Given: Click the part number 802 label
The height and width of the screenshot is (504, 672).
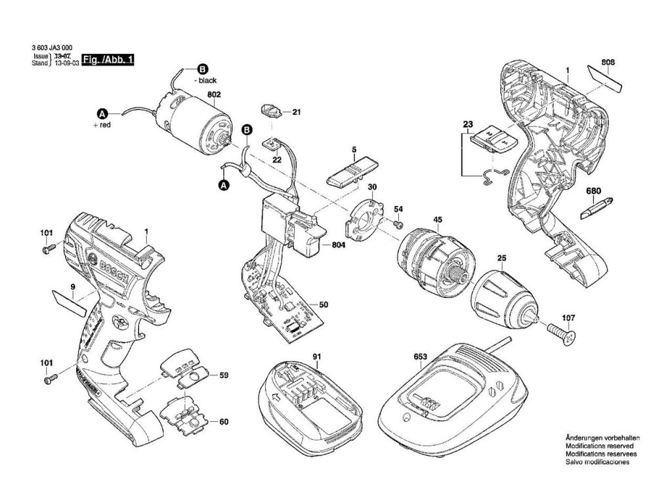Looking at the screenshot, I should coord(213,94).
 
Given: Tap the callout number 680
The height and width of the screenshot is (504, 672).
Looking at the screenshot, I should coord(593,191).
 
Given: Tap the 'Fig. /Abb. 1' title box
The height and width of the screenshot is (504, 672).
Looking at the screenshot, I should coord(108,60).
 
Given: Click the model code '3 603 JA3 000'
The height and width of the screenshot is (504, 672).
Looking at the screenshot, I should coord(52,49).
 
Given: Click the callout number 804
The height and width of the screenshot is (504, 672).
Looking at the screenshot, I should coord(339,245).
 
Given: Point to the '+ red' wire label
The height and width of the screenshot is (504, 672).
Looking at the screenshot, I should coord(104,123).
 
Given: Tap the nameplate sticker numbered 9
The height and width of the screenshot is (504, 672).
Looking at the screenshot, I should coord(70,302).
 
